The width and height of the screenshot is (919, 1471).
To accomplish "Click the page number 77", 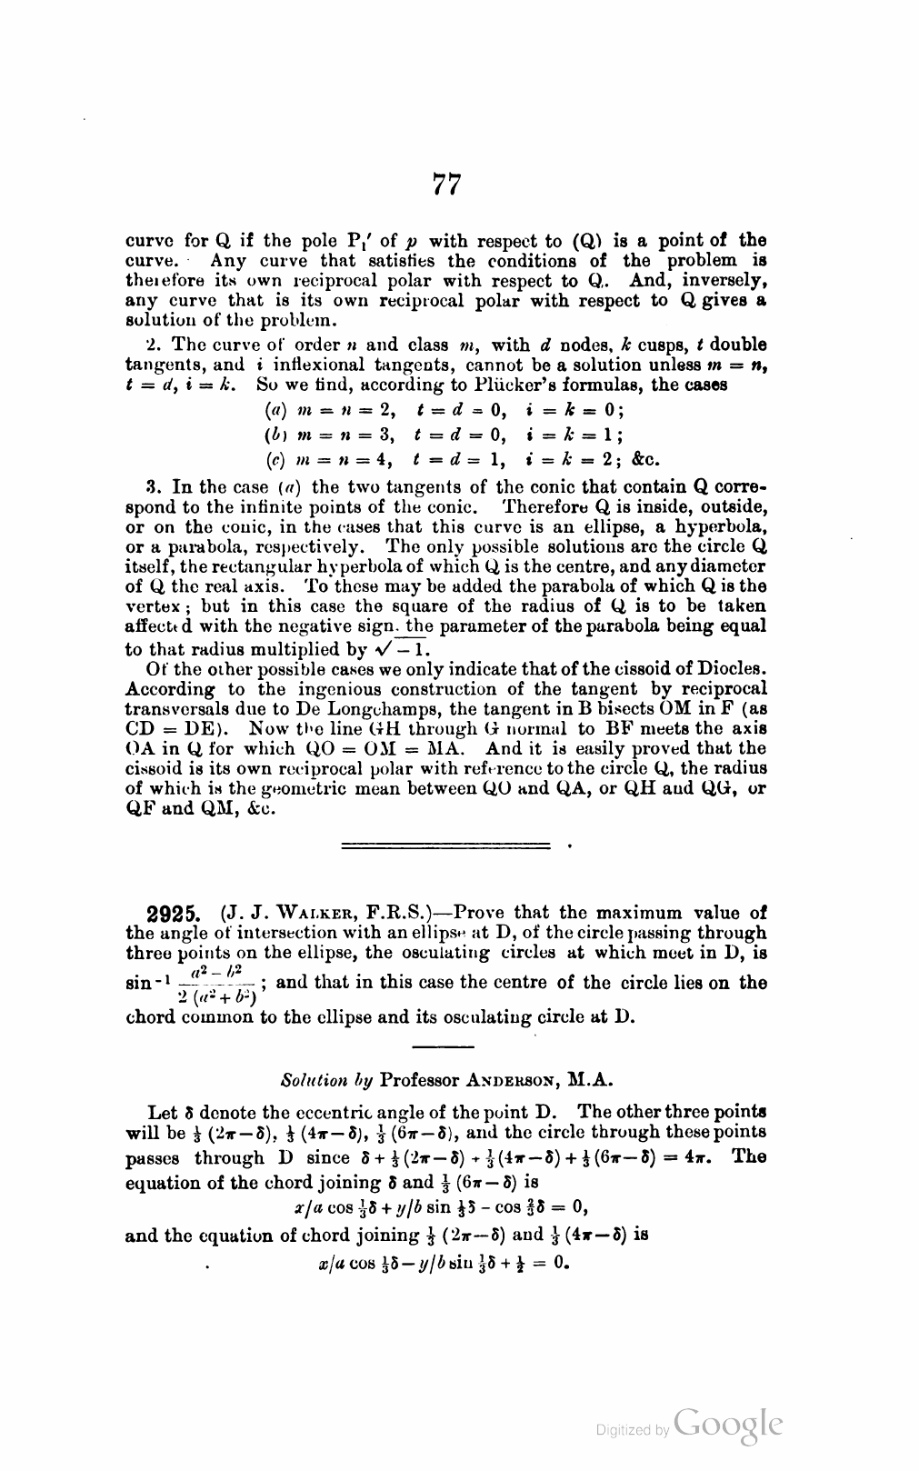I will (x=445, y=185).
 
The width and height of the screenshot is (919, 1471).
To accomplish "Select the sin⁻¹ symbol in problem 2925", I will (x=145, y=985).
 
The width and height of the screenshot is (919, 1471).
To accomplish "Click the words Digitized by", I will (x=633, y=1430).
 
